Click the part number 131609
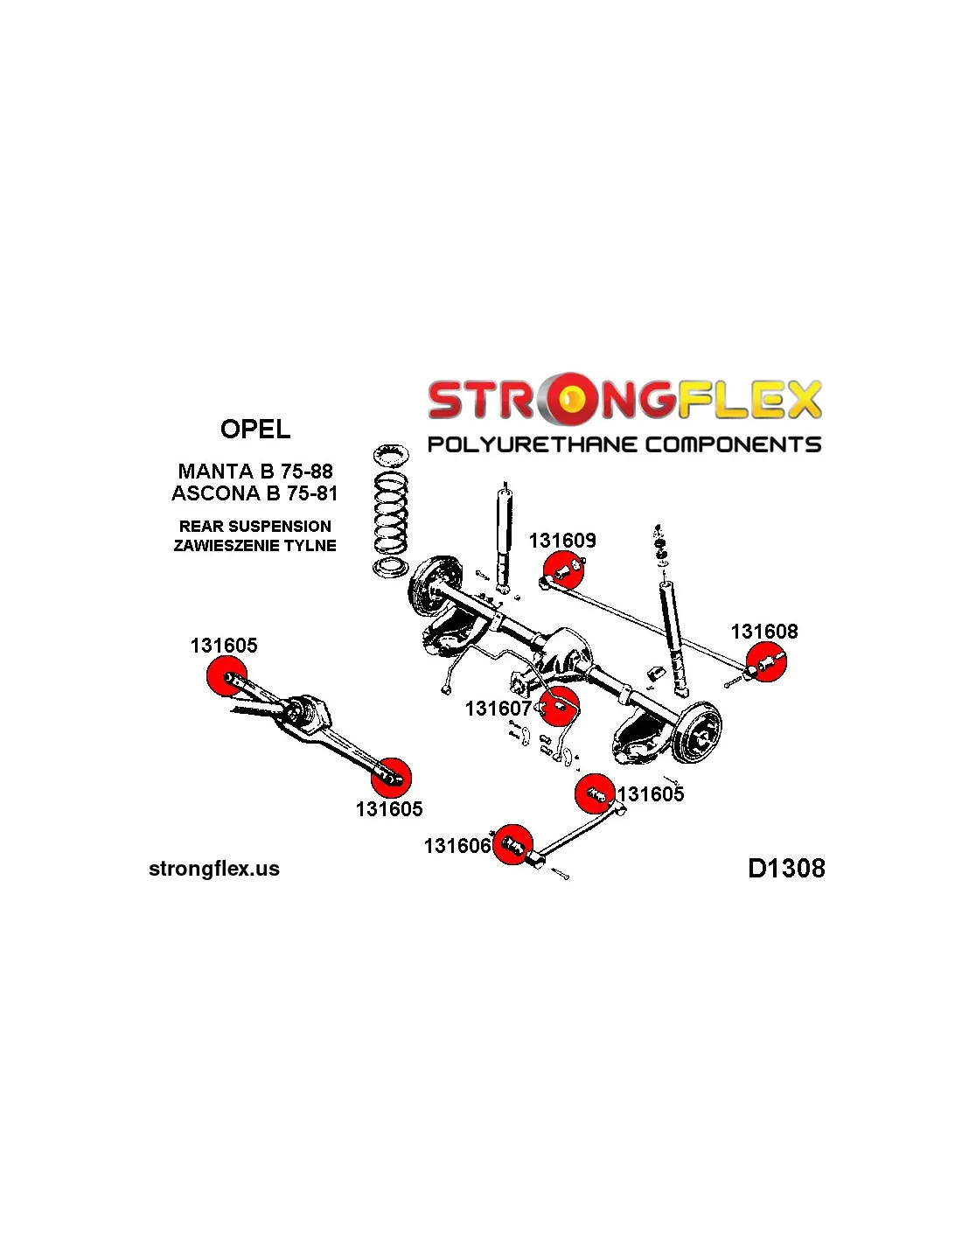coord(562,541)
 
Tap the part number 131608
coord(764,632)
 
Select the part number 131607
coord(498,709)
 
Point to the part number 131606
coord(457,846)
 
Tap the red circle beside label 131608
coord(766,663)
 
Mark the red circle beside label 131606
coord(513,844)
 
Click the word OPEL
coord(255,430)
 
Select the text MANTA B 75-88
coord(255,472)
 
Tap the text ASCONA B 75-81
coord(254,493)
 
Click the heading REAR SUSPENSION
coord(255,526)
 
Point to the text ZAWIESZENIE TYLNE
coord(255,546)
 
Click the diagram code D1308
coord(786,868)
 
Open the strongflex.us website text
coord(214,869)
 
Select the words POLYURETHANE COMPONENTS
coord(624,444)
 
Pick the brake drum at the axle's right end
coord(697,731)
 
